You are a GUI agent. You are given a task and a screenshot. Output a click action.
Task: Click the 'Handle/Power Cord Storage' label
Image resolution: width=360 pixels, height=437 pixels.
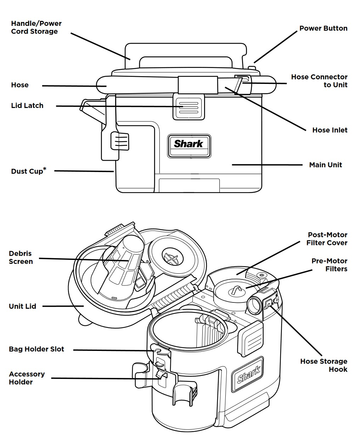tap(36, 27)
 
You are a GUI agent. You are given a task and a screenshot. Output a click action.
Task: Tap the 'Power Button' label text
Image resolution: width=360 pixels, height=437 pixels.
tap(323, 28)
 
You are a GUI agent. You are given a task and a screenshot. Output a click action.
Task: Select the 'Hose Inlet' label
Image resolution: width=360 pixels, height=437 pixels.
tap(330, 130)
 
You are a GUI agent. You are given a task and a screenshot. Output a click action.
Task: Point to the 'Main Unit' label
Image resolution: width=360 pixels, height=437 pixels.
tap(325, 165)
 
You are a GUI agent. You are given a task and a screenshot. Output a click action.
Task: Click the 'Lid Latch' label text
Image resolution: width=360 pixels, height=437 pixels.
tap(27, 106)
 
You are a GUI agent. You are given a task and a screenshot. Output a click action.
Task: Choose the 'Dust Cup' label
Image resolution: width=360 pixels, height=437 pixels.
tap(27, 171)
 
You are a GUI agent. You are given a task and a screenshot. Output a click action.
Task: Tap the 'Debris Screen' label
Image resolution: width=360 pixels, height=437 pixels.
tap(21, 257)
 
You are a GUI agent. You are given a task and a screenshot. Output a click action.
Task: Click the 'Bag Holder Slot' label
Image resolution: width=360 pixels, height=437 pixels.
tap(36, 349)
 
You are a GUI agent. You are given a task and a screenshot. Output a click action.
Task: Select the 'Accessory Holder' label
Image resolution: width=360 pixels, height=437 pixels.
tap(27, 378)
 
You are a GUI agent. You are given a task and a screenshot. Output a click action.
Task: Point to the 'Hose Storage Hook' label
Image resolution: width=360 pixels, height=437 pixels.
tap(324, 365)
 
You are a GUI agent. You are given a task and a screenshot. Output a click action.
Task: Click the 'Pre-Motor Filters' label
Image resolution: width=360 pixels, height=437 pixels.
tap(329, 265)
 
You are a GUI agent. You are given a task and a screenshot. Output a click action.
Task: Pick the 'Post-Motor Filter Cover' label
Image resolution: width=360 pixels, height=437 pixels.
tap(327, 239)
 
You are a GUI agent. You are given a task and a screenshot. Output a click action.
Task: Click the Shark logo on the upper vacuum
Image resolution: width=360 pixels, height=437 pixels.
tap(189, 144)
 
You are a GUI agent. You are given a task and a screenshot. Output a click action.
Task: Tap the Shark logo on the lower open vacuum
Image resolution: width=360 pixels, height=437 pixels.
tap(248, 375)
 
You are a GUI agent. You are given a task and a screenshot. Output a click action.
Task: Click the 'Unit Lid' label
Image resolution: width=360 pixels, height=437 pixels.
tap(22, 306)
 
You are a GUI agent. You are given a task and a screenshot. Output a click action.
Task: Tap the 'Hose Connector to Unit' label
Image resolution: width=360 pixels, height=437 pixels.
tap(319, 81)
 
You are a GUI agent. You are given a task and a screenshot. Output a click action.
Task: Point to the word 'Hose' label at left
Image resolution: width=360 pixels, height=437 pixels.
tap(20, 85)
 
